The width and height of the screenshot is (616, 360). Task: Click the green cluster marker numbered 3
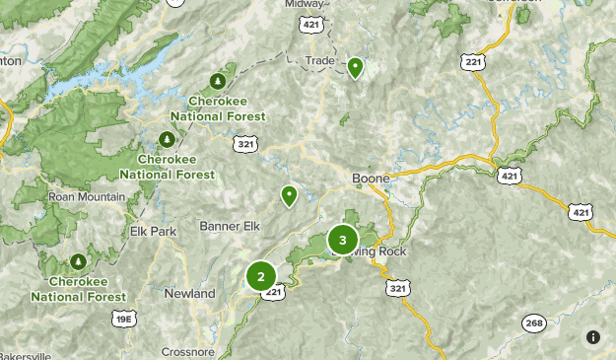click(x=342, y=240)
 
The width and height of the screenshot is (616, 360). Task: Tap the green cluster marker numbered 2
click(x=261, y=276)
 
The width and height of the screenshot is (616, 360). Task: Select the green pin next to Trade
click(x=355, y=67)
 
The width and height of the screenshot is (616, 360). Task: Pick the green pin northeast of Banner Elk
click(x=289, y=195)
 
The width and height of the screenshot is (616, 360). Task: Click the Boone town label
click(x=372, y=179)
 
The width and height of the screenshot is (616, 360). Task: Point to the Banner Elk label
click(x=229, y=228)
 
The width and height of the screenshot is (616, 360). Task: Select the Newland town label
click(x=189, y=294)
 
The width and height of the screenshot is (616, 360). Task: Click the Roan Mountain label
click(x=87, y=196)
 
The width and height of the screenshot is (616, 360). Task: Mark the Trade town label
click(x=320, y=60)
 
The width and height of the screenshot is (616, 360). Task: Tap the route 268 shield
click(x=534, y=324)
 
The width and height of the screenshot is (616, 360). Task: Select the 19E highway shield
click(x=124, y=319)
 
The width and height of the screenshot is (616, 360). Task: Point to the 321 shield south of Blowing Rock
click(x=397, y=288)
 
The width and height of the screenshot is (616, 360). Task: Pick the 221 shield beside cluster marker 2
click(x=275, y=292)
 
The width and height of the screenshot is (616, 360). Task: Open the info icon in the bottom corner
click(x=592, y=337)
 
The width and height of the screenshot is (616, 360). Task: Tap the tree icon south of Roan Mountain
click(x=78, y=261)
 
